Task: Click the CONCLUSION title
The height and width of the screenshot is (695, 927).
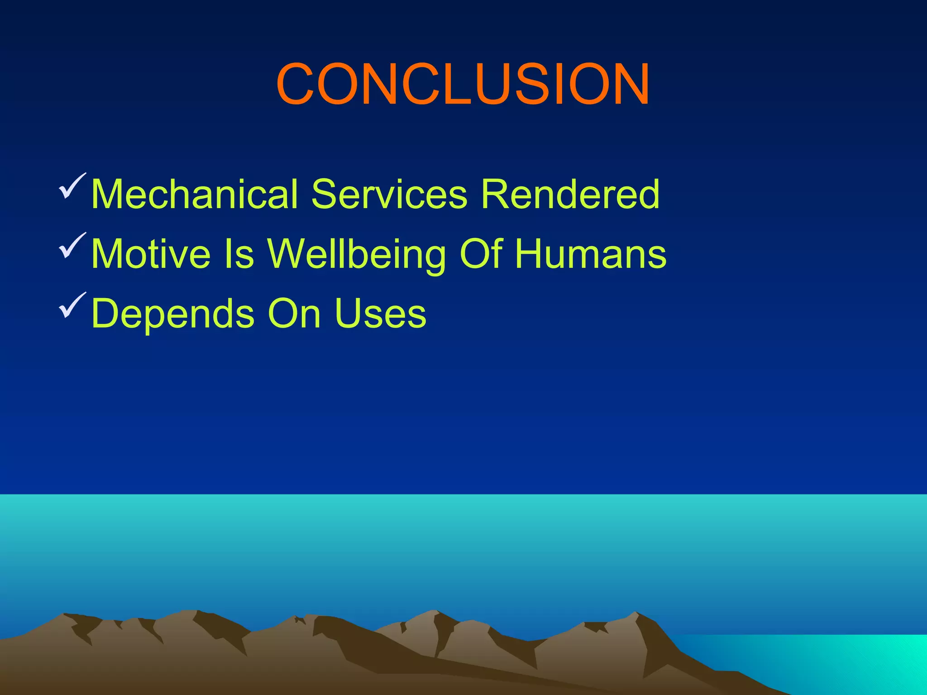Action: coord(463,85)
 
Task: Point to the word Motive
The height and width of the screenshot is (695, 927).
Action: coord(151,254)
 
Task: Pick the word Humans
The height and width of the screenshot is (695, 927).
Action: coord(591,254)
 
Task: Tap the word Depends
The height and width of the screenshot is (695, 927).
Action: coord(172,314)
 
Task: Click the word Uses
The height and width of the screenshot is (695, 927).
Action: coord(380,314)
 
